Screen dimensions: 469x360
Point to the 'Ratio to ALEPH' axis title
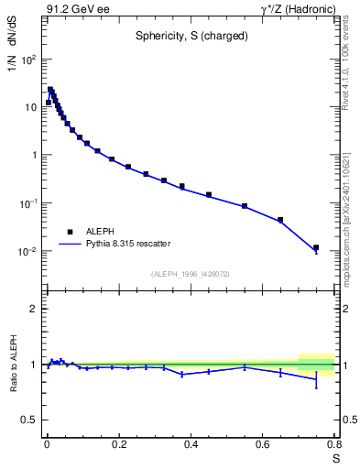coord(13,365)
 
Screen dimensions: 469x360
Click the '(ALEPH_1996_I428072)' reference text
coord(191,274)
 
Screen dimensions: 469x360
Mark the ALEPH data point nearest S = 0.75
coord(316,247)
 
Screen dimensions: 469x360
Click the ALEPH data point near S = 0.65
coord(280,220)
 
